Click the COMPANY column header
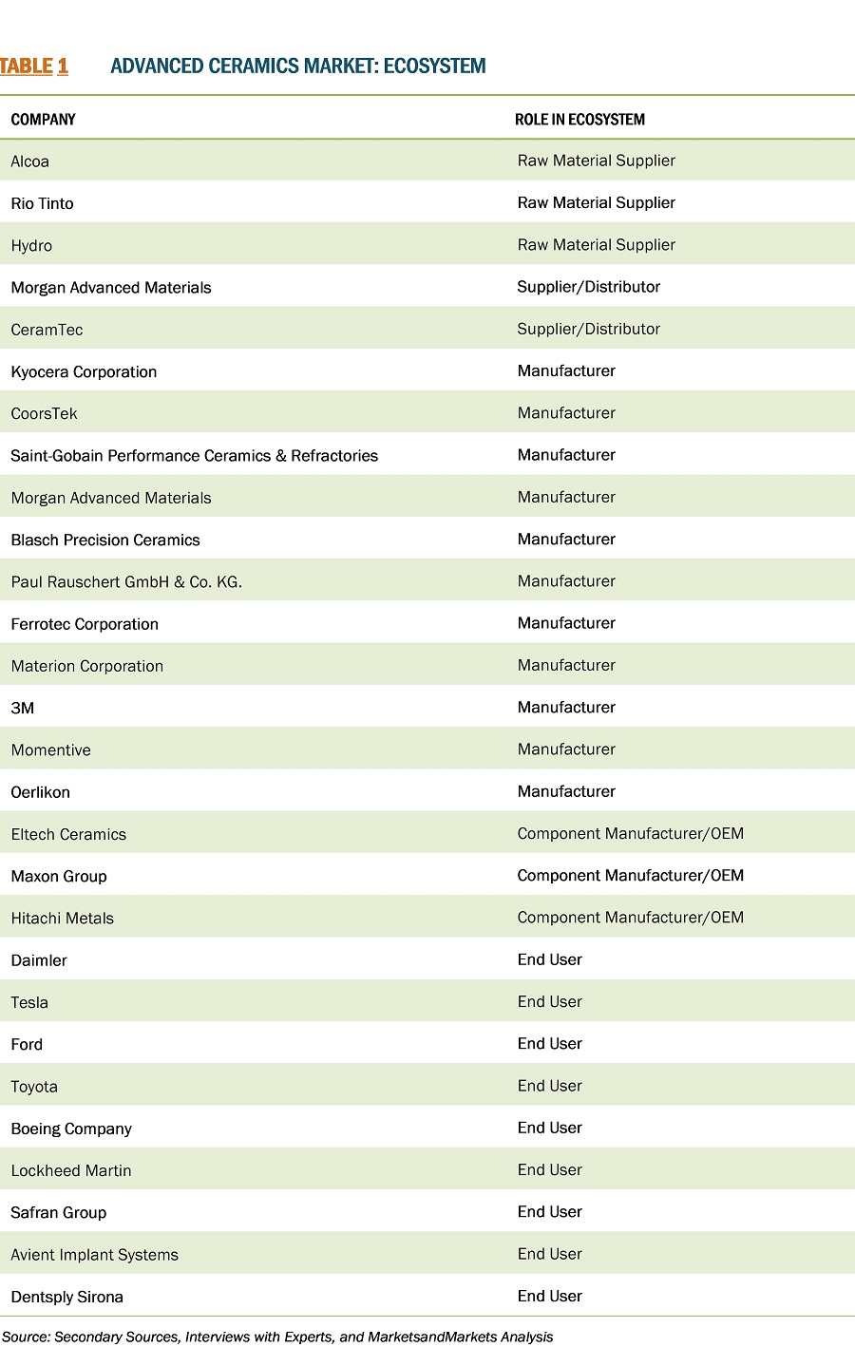point(43,120)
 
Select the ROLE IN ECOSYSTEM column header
point(579,120)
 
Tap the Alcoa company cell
point(29,161)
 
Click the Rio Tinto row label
point(42,203)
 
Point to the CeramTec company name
point(47,330)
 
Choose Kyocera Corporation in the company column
point(84,371)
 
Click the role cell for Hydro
point(596,245)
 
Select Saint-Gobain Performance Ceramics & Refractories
point(194,456)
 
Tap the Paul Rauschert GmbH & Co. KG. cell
point(126,582)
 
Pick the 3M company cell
point(23,709)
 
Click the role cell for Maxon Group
point(630,876)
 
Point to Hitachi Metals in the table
point(62,919)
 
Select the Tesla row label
point(29,1002)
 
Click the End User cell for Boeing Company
point(549,1129)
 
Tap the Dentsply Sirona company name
point(66,1297)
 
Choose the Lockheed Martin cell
point(71,1170)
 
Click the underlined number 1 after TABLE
point(63,66)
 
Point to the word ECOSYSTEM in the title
point(435,66)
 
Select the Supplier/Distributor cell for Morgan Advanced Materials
point(588,287)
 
